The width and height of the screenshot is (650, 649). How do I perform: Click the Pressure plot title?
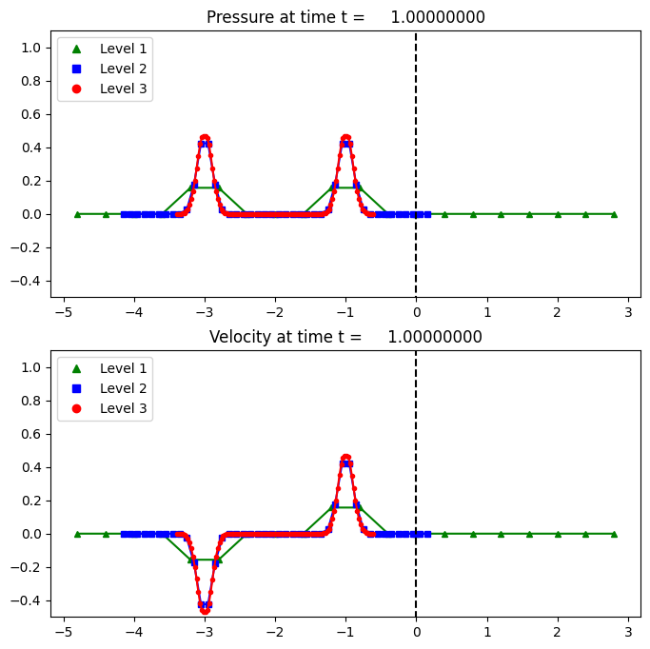(345, 17)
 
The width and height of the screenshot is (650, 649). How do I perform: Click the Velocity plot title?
(345, 337)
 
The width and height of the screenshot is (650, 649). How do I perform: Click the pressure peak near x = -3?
(205, 139)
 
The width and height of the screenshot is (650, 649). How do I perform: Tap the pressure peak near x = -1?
(345, 139)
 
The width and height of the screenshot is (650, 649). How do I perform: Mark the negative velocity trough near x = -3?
(205, 608)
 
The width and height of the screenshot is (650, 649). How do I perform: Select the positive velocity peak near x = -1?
(345, 459)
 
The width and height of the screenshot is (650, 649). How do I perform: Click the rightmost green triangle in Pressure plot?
(614, 214)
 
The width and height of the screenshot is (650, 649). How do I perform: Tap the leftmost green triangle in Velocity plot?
(78, 534)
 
